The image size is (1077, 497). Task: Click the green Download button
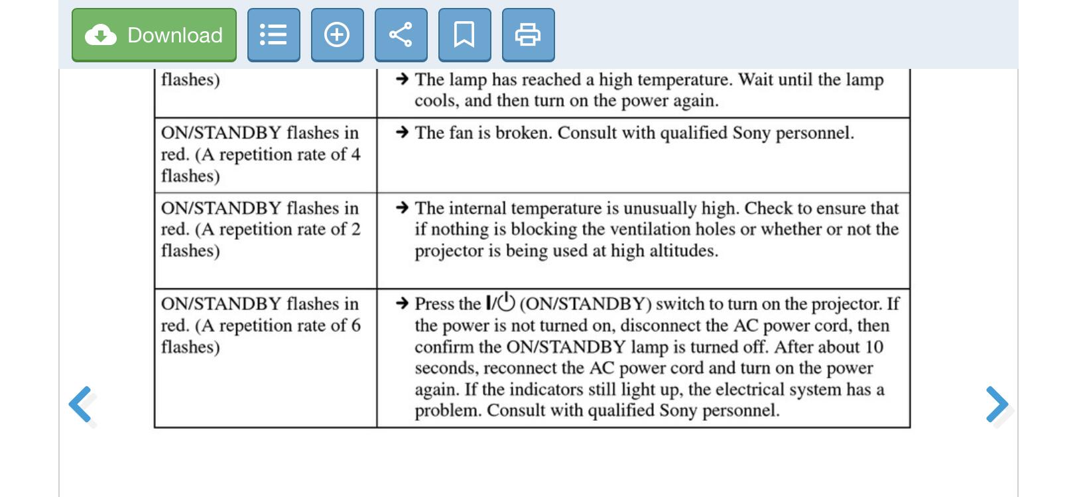click(154, 35)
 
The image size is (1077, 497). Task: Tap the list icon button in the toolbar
click(273, 35)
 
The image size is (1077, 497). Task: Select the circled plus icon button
click(337, 35)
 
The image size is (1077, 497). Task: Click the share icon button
click(401, 35)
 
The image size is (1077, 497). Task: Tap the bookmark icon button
click(464, 35)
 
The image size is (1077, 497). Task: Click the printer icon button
click(528, 35)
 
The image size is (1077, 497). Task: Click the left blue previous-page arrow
click(81, 404)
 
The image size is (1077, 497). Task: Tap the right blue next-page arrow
click(996, 404)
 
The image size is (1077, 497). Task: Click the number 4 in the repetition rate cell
click(355, 154)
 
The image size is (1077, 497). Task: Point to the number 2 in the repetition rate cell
click(355, 229)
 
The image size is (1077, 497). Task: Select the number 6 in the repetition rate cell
click(355, 325)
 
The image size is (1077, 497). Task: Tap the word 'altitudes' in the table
click(683, 251)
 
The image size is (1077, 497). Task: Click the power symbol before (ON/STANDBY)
click(506, 303)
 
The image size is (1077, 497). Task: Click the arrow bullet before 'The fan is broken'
click(401, 133)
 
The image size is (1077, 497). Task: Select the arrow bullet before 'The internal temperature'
click(401, 208)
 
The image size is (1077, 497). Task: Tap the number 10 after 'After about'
click(874, 347)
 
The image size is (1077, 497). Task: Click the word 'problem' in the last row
click(447, 411)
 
